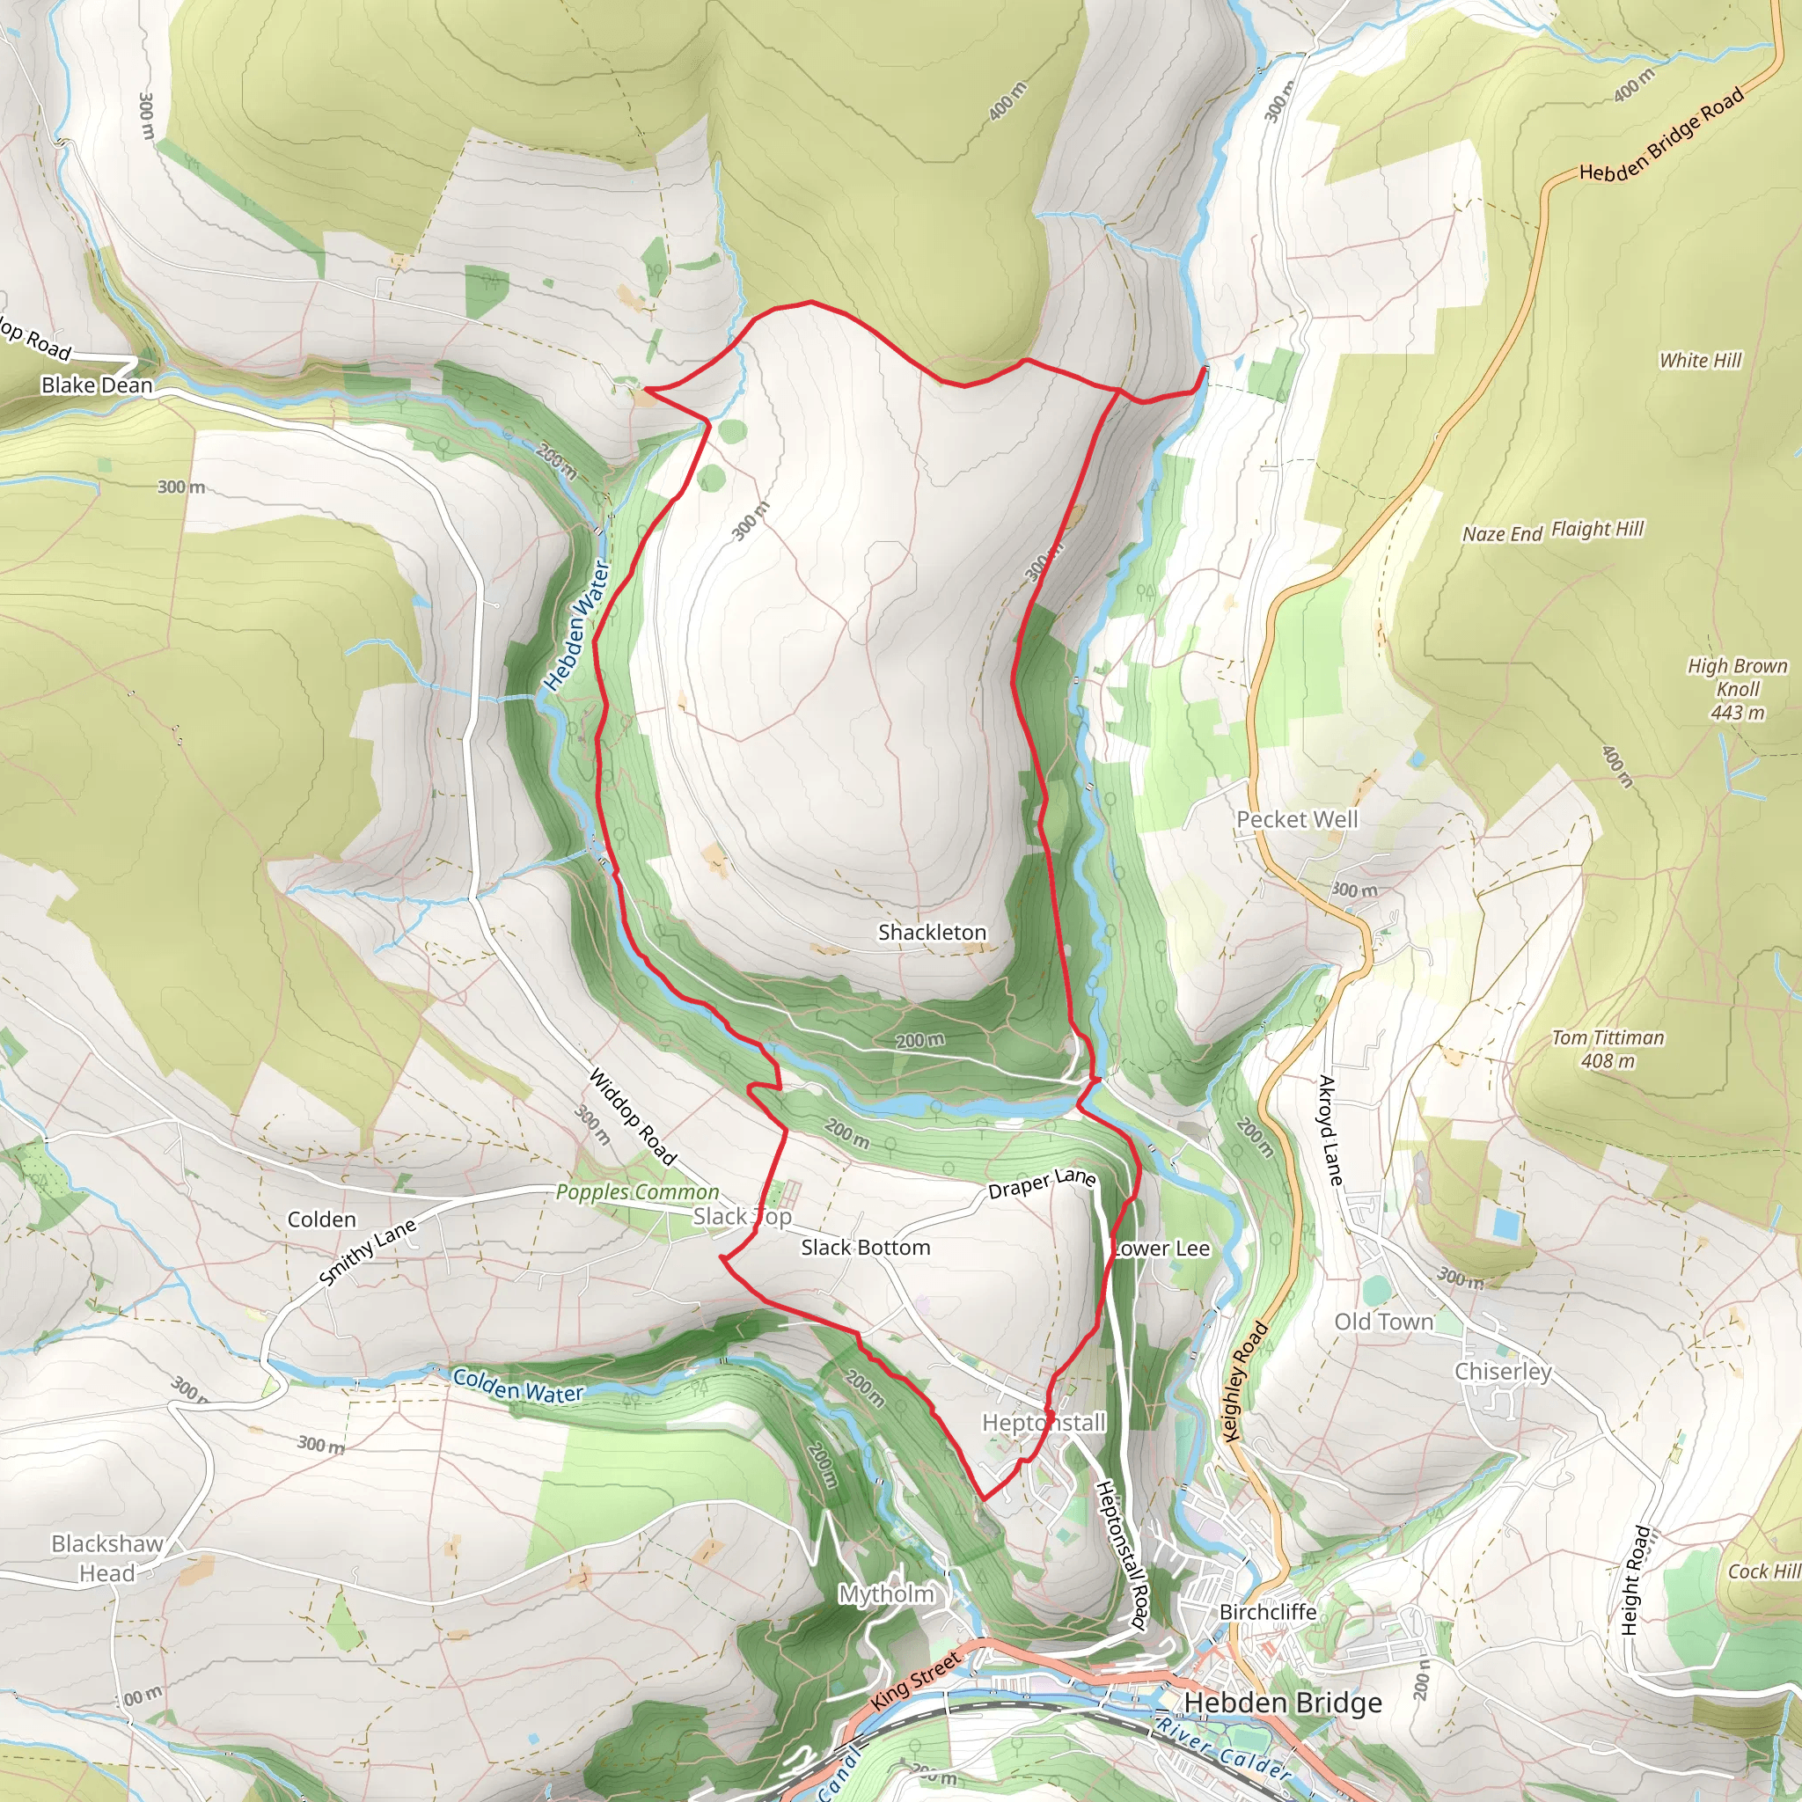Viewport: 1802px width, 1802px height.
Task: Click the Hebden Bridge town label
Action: point(1283,1703)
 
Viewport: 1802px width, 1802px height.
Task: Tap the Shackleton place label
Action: point(932,932)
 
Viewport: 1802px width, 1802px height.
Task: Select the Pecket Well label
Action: point(1296,819)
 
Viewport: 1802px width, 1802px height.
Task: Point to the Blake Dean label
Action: point(97,385)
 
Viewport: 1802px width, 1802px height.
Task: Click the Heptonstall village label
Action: point(1044,1423)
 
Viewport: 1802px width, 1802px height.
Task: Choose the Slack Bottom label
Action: point(866,1247)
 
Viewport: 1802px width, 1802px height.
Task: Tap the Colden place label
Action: point(322,1219)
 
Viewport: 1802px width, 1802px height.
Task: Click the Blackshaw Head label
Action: point(107,1557)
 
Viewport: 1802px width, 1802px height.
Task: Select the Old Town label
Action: point(1383,1321)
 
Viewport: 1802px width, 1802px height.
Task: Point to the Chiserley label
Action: point(1503,1371)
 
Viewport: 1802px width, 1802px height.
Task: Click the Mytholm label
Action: point(886,1594)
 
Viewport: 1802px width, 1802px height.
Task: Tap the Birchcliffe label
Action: point(1268,1612)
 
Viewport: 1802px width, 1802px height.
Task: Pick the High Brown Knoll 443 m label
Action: point(1738,689)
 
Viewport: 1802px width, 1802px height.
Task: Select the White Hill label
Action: point(1699,360)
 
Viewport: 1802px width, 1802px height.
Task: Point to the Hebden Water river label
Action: point(577,626)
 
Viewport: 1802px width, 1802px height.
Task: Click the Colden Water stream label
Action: point(517,1385)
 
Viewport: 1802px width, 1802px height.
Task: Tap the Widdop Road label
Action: point(632,1117)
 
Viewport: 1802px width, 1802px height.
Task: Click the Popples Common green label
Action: point(637,1192)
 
